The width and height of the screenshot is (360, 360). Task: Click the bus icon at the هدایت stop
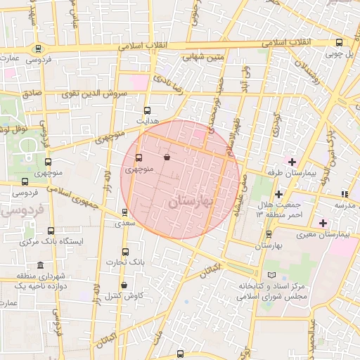coord(147,110)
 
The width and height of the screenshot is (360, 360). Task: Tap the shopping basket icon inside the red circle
coord(167,157)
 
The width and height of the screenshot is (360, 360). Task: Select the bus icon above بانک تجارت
coord(126,252)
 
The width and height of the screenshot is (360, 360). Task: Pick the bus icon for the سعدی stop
coord(125,212)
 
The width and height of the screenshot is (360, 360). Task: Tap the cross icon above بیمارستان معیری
coord(323,223)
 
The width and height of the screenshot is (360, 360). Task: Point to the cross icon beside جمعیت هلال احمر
coord(279,193)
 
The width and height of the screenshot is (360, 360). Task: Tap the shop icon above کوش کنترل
coord(124,285)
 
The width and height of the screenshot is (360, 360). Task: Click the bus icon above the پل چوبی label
coord(340,42)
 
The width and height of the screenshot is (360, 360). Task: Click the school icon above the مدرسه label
coord(345,194)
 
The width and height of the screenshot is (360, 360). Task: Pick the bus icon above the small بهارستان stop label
coord(269,235)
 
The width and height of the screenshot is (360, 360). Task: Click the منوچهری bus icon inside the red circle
coord(138,158)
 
